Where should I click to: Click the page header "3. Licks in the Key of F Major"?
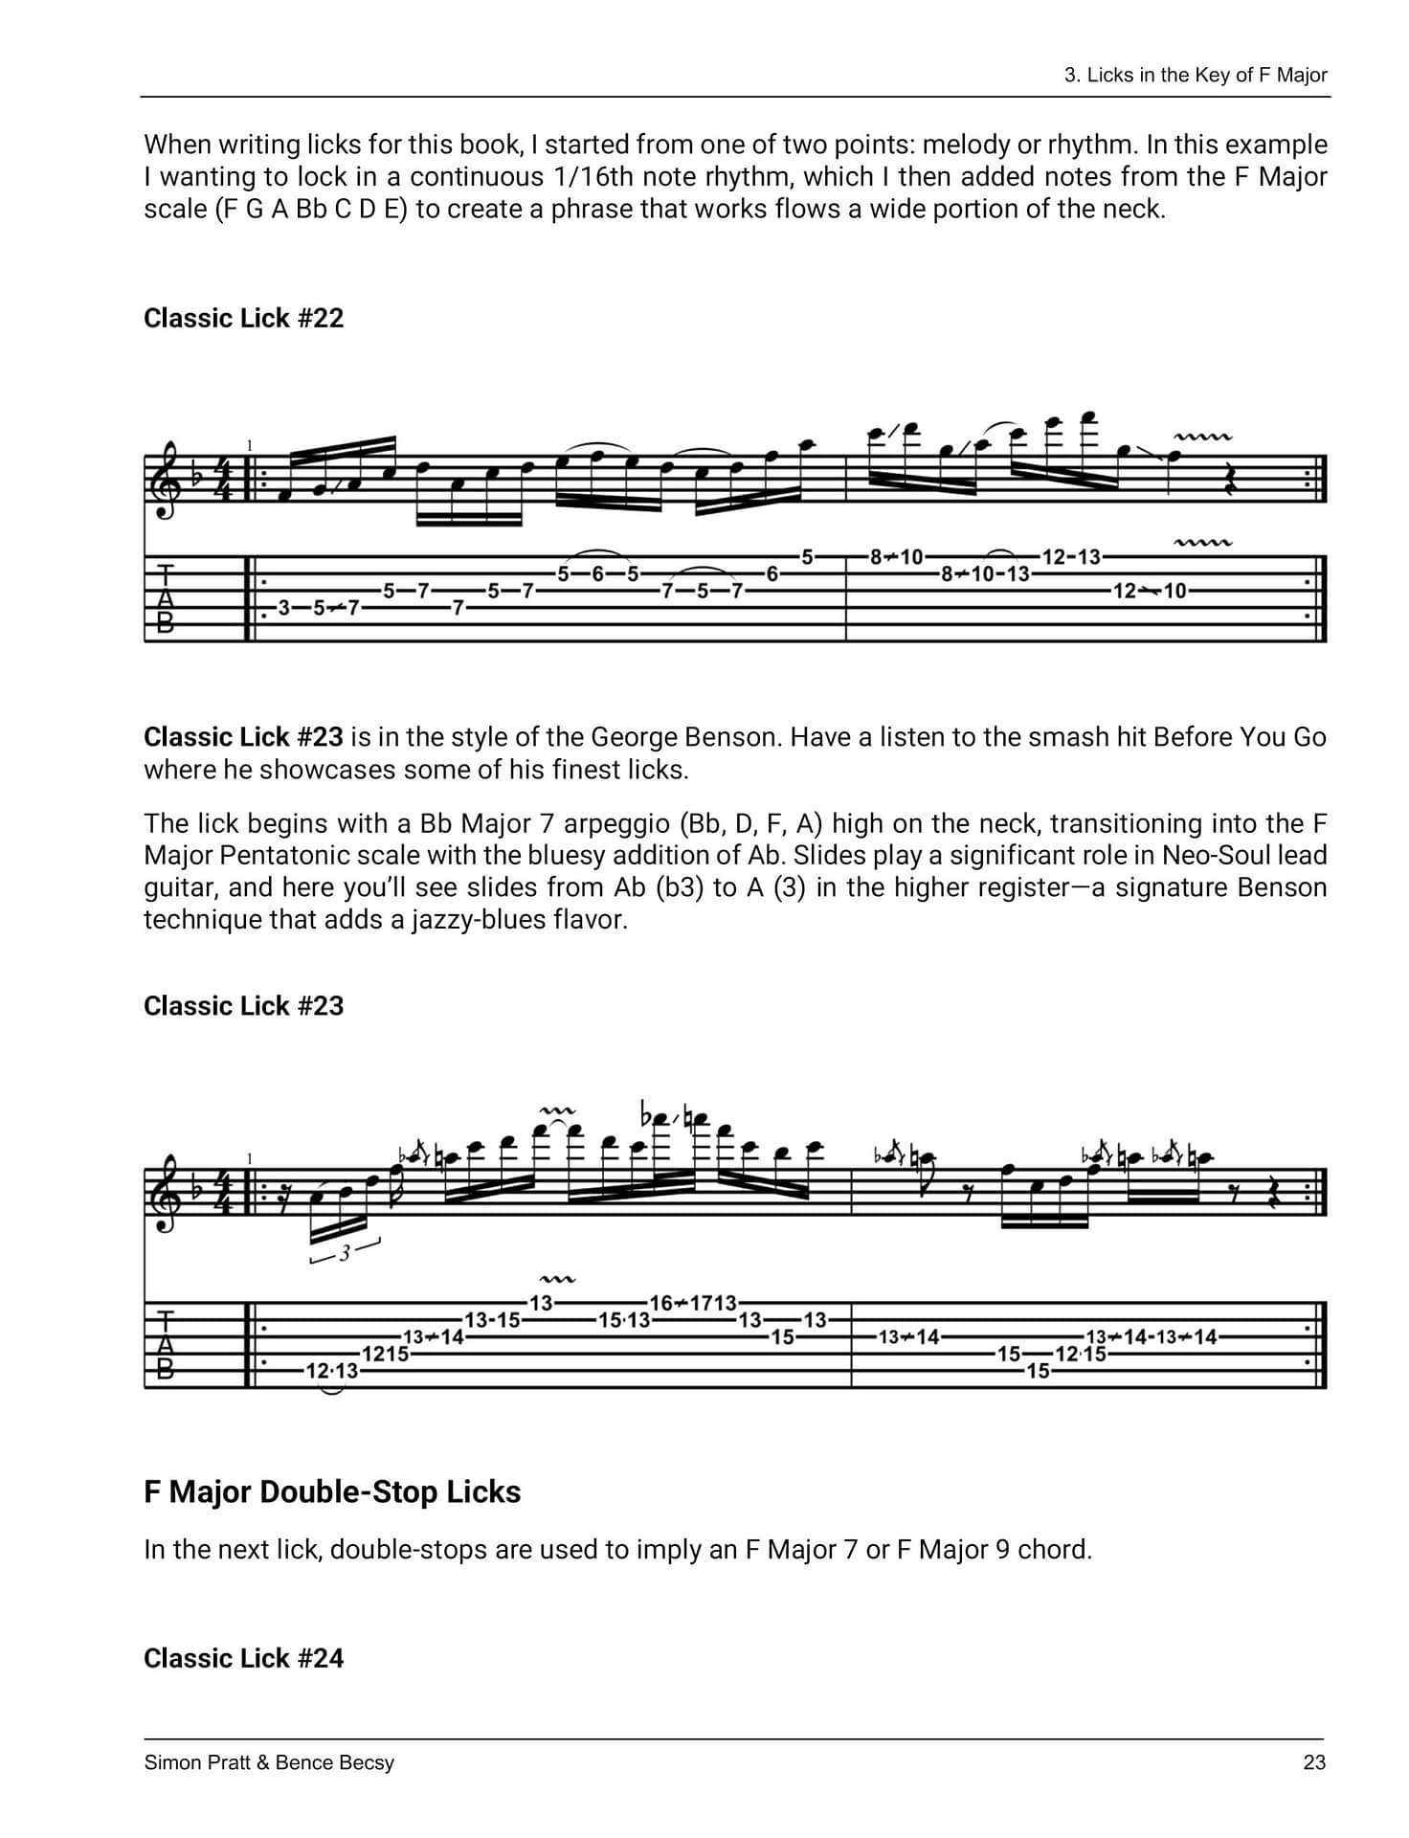pos(1196,76)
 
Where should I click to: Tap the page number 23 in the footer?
pos(1314,1762)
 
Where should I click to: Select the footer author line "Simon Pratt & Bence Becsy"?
pos(269,1762)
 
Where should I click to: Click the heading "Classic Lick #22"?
pos(243,318)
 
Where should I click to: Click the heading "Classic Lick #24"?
pos(243,1658)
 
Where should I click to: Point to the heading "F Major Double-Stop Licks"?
pos(332,1491)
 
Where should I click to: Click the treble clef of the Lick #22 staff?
pos(168,479)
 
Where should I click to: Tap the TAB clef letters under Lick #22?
pos(166,598)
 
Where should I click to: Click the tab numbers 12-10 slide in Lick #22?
pos(1149,591)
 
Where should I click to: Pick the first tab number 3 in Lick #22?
pos(283,607)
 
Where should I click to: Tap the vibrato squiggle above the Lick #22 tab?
pos(1203,543)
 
